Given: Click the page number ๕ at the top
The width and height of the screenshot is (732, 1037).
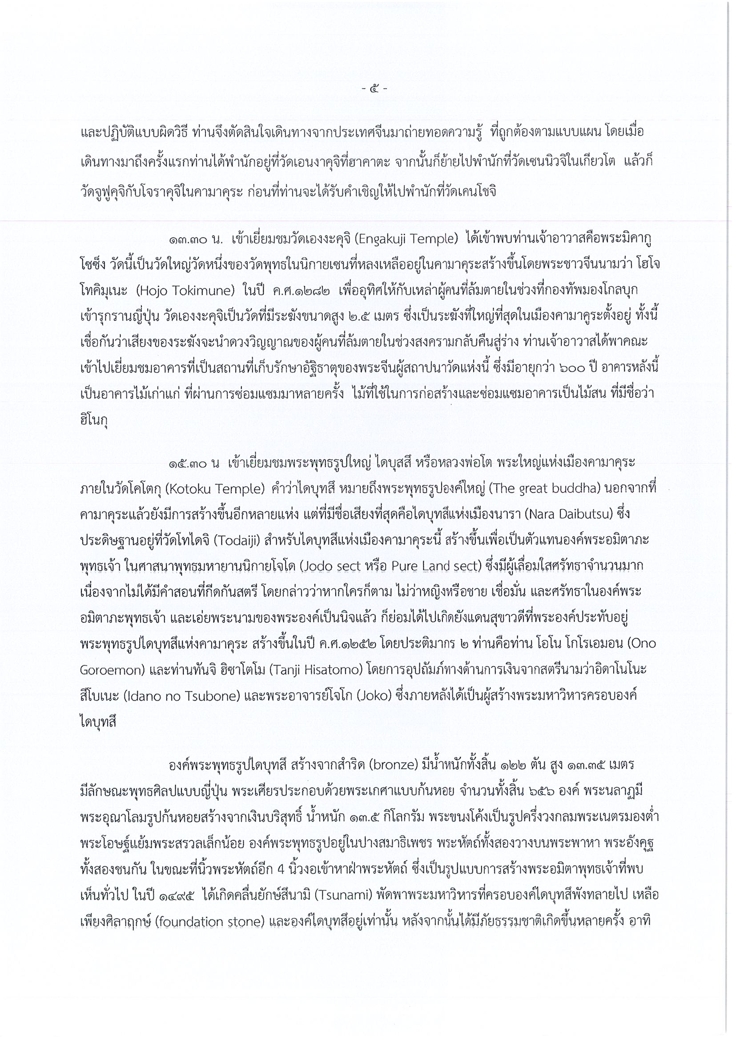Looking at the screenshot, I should tap(375, 89).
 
